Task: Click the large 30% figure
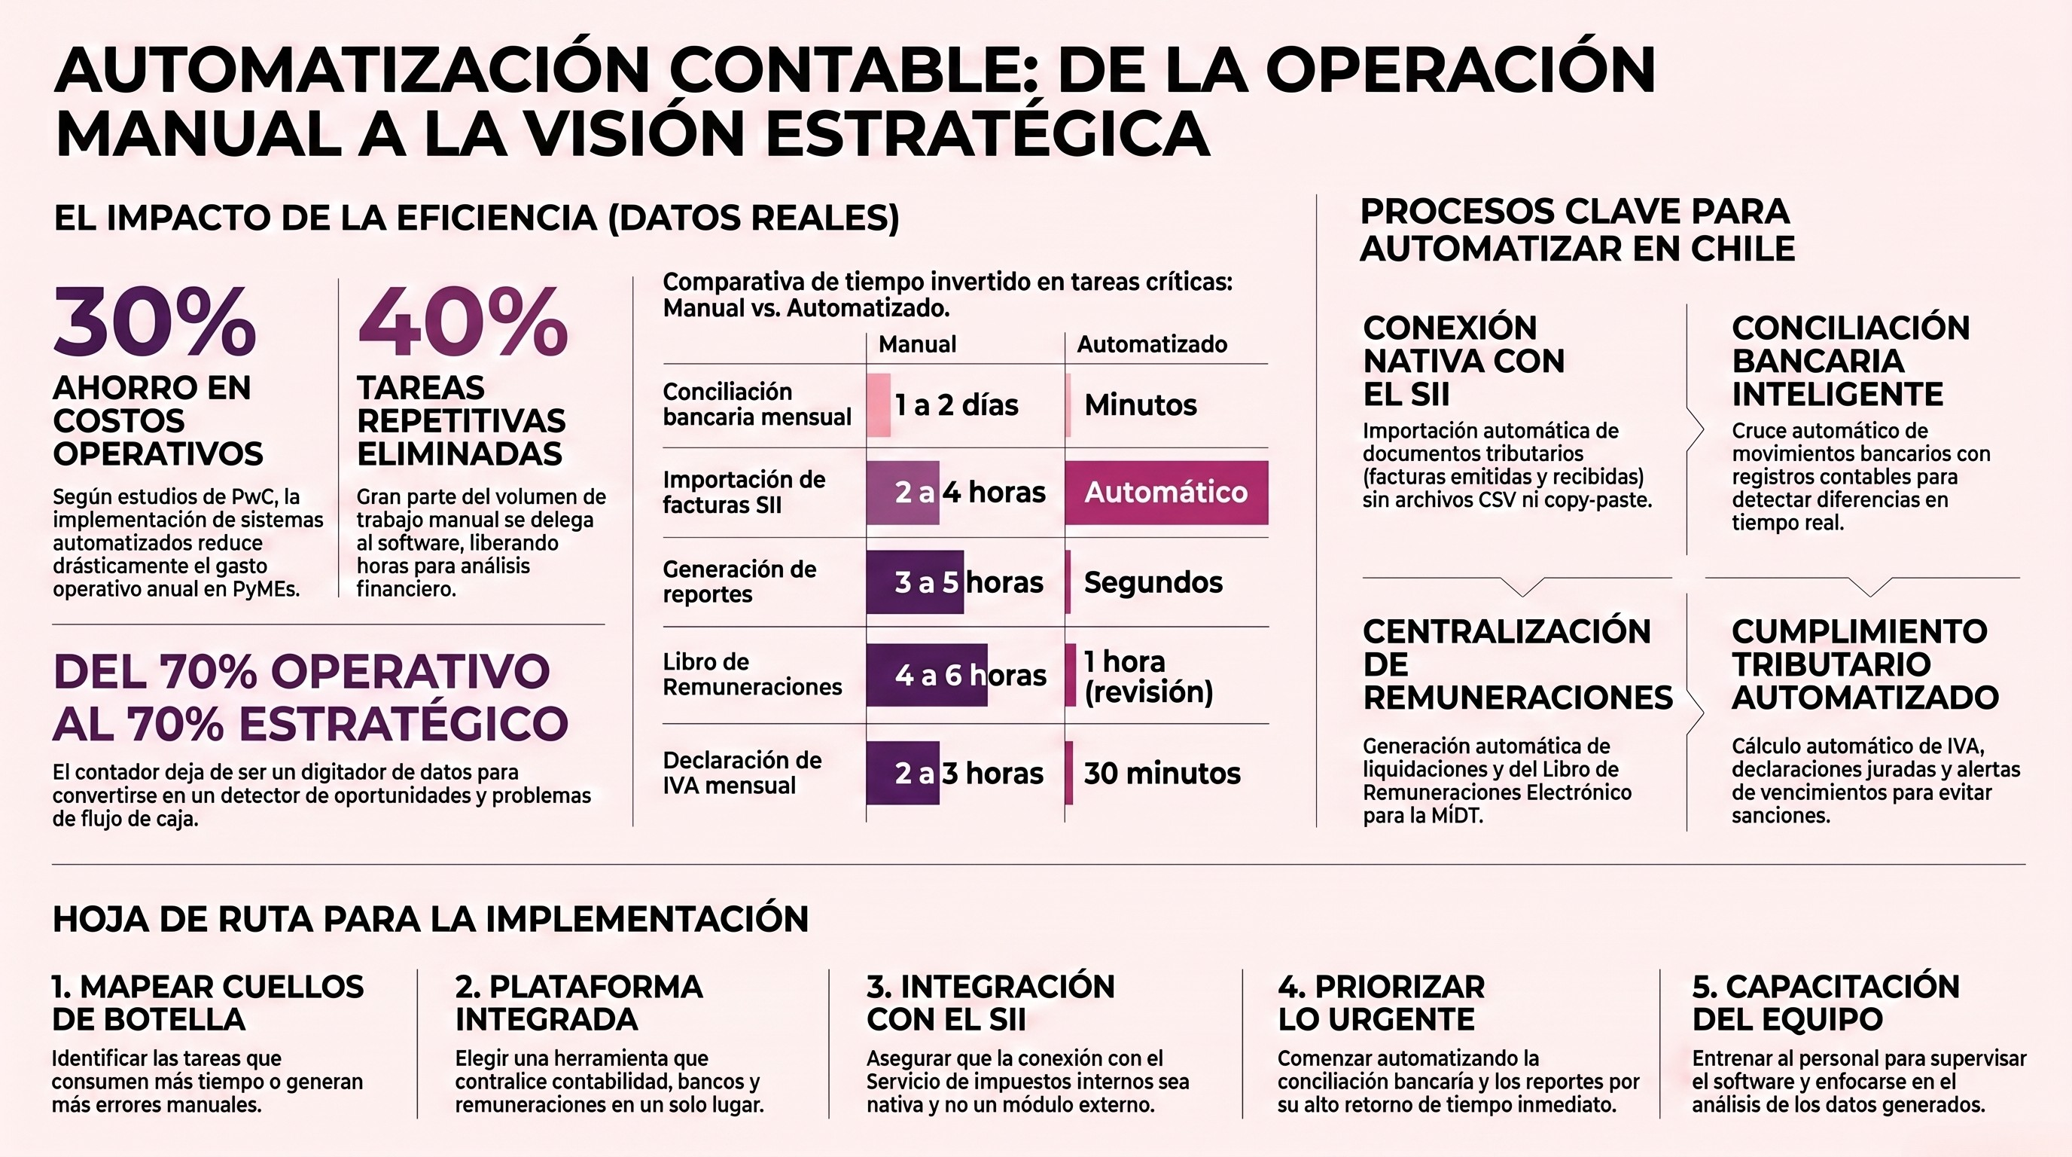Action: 154,322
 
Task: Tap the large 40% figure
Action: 462,322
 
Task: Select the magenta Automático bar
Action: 1166,493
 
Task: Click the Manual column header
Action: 917,344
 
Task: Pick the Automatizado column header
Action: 1152,344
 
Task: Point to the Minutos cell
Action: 1141,404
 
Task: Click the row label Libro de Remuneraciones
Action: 752,674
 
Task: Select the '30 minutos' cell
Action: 1162,773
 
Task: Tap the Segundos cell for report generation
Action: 1153,582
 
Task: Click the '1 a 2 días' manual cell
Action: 956,404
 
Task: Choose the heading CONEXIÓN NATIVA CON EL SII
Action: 1463,361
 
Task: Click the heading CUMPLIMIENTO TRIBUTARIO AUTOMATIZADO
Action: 1864,664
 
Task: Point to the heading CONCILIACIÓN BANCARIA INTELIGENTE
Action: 1850,361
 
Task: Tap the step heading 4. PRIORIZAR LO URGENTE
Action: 1381,1003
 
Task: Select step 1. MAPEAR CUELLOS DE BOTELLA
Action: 208,1003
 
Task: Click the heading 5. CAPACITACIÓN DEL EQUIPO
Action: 1826,1003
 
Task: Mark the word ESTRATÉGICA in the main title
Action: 987,133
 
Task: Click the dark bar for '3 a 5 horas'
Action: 916,582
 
